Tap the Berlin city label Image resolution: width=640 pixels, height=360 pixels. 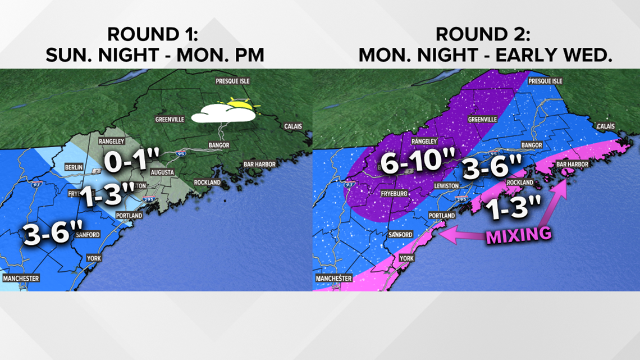click(74, 167)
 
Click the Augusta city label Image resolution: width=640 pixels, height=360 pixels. click(162, 172)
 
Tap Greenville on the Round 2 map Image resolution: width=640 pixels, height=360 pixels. click(482, 120)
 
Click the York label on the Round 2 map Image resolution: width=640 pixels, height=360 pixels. click(405, 258)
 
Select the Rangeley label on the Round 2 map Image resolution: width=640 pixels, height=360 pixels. click(424, 142)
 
